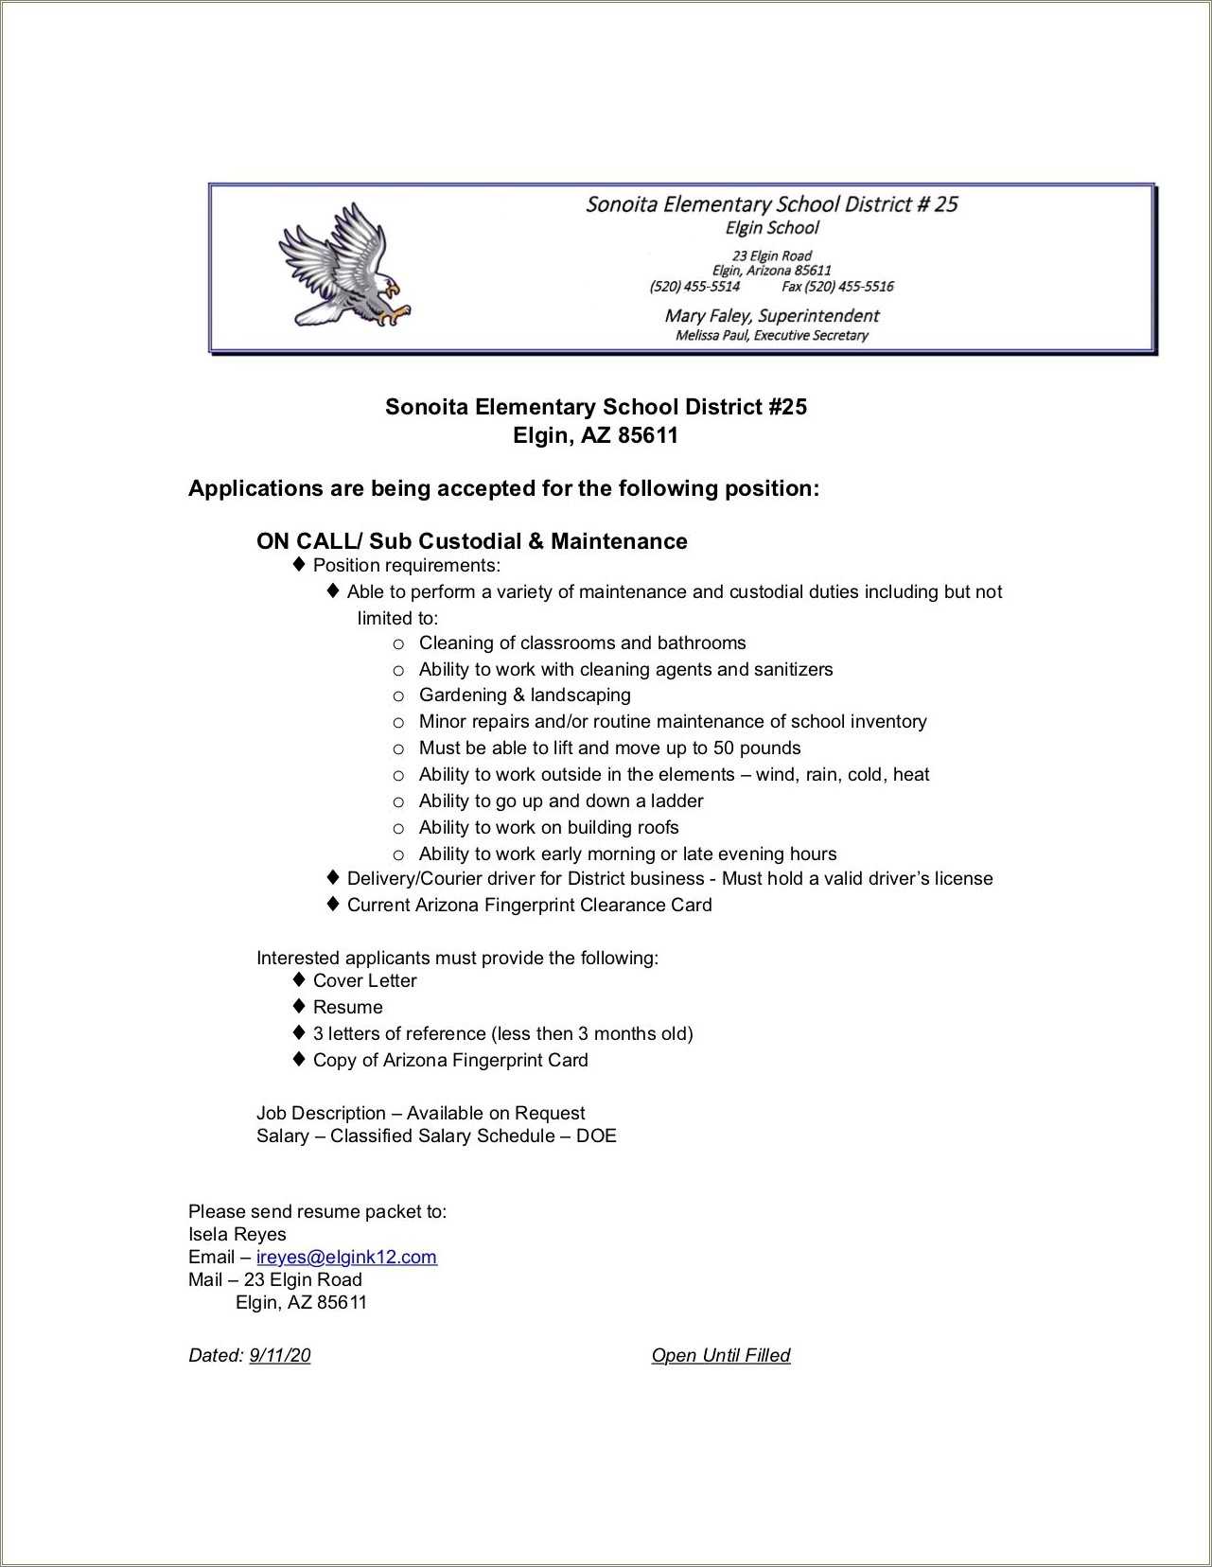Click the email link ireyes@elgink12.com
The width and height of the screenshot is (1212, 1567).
pos(346,1257)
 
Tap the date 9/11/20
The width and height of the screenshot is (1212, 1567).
pos(279,1355)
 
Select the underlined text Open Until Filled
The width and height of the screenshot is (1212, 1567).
pos(720,1355)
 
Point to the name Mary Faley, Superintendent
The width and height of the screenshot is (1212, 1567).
pos(771,315)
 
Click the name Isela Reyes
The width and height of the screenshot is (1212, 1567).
pos(237,1234)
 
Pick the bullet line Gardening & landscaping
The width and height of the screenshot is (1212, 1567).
pos(524,695)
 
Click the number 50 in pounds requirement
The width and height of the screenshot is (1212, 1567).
pos(724,748)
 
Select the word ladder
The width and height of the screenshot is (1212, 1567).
pos(676,801)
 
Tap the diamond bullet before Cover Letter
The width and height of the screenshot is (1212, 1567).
pos(299,979)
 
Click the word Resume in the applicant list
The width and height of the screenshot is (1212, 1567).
pos(347,1007)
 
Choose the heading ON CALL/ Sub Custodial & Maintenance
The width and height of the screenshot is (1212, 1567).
pos(471,541)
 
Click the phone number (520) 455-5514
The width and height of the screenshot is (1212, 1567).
pos(694,287)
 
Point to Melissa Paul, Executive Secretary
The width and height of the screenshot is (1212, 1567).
pos(771,335)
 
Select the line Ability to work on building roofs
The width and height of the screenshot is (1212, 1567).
pos(548,828)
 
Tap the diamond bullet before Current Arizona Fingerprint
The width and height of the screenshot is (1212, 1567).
pos(332,904)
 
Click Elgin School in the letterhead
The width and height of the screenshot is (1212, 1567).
pos(771,227)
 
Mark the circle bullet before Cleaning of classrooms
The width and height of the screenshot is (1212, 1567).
pos(398,644)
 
